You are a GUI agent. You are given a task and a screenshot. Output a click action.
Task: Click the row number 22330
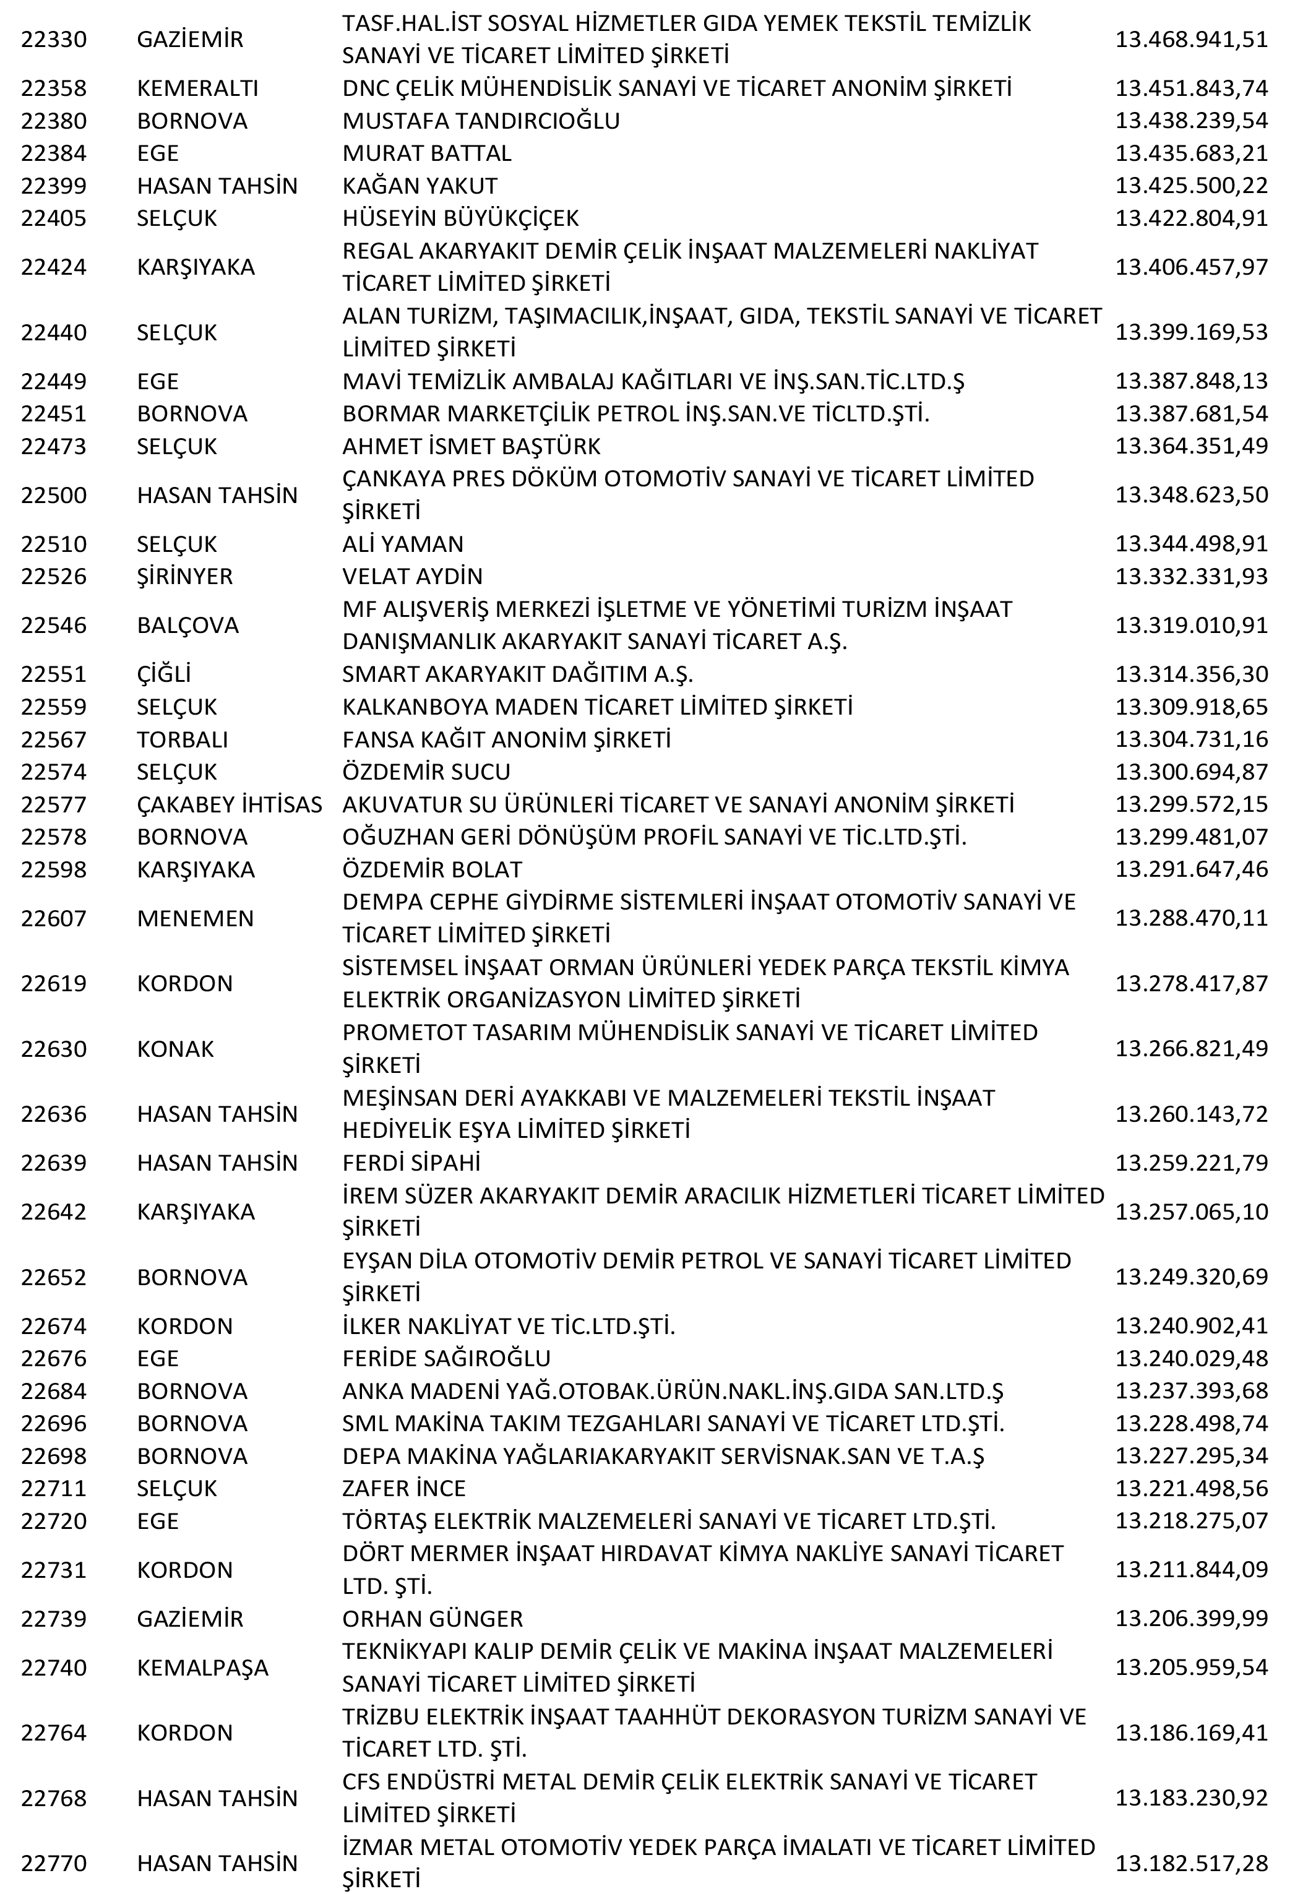(x=54, y=39)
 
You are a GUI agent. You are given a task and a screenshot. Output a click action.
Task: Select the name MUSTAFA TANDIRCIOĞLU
(x=481, y=121)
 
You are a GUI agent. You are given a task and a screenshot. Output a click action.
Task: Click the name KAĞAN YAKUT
(x=419, y=186)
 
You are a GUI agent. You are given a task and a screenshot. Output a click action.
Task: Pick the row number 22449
(x=54, y=381)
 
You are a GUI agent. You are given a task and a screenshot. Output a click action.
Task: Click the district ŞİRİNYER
(x=185, y=576)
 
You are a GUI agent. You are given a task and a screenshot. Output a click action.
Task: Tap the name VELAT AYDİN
(x=412, y=576)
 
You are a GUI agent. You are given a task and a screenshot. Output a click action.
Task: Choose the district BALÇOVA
(x=188, y=625)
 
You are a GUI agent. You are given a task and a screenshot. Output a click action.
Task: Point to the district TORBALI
(x=183, y=739)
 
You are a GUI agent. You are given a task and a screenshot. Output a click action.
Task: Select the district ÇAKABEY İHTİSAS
(x=230, y=804)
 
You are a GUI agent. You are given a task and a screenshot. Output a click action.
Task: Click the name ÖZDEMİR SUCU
(x=426, y=772)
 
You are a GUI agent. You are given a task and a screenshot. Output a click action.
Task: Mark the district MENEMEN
(x=196, y=918)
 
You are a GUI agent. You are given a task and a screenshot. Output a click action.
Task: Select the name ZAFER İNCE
(x=404, y=1488)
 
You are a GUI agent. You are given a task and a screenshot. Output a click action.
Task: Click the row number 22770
(x=54, y=1863)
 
